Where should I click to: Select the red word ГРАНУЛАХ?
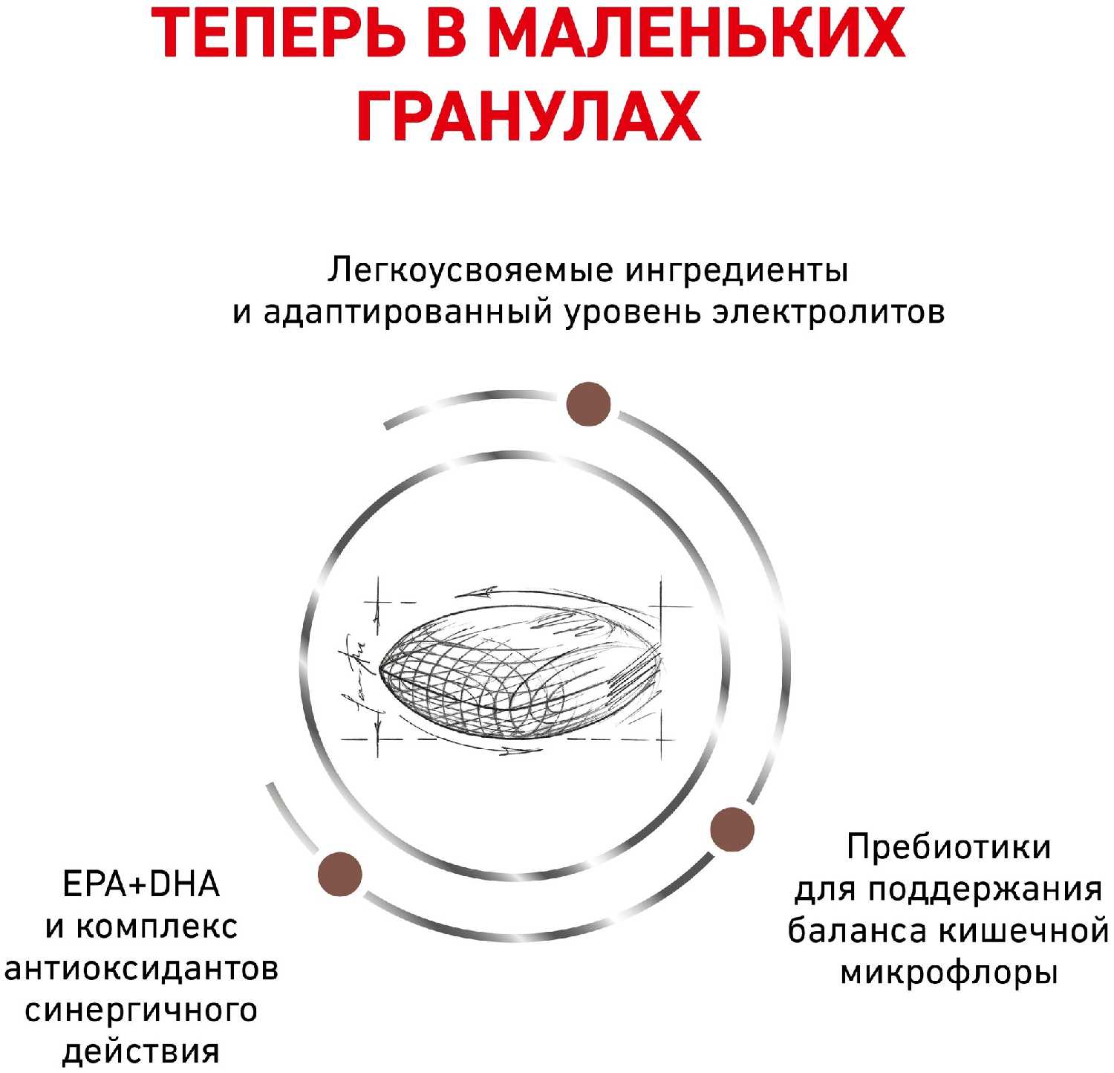coord(530,117)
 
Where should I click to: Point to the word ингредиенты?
coord(736,270)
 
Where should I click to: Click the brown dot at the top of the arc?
coord(588,404)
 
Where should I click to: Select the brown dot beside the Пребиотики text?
coord(732,829)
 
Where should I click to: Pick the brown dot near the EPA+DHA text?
coord(339,874)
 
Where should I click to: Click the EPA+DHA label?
coord(141,884)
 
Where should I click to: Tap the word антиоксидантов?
coord(141,968)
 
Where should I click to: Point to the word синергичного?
coord(141,1011)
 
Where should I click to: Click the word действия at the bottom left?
coord(141,1052)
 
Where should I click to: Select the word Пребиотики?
coord(948,847)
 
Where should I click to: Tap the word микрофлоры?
coord(948,972)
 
